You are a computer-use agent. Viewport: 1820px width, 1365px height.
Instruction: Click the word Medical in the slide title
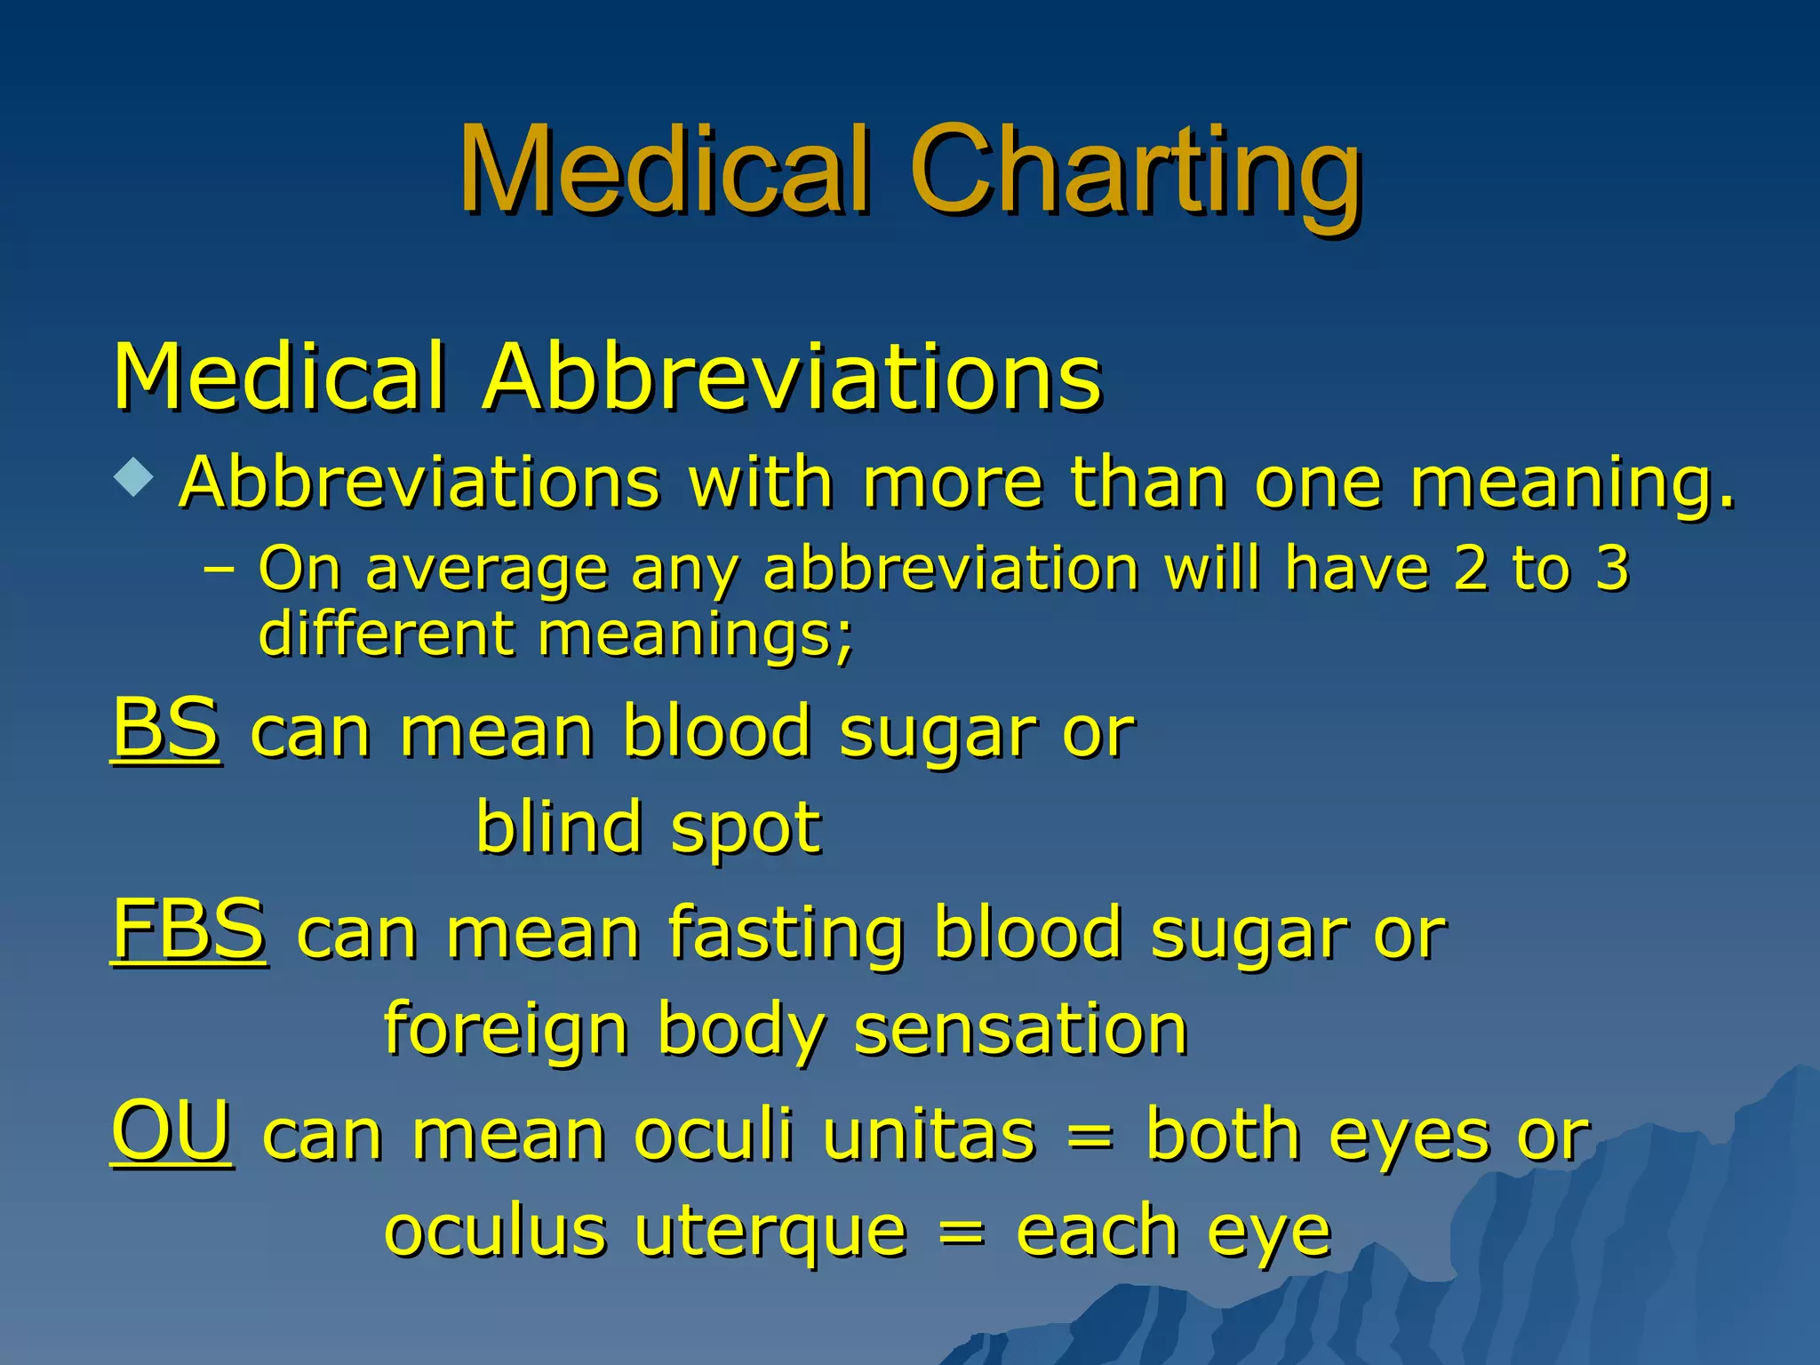coord(663,171)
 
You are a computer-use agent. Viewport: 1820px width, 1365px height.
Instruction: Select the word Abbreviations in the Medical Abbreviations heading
coord(792,378)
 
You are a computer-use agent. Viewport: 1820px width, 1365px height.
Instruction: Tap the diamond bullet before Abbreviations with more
coord(133,476)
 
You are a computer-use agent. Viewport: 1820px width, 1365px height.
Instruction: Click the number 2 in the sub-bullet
coord(1473,569)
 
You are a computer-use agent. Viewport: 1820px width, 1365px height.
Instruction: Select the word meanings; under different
coord(695,635)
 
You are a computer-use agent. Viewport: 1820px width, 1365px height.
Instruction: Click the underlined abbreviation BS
coord(165,729)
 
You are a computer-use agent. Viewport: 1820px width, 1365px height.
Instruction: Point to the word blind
coord(558,826)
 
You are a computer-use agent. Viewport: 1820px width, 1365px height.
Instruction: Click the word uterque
coord(771,1233)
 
